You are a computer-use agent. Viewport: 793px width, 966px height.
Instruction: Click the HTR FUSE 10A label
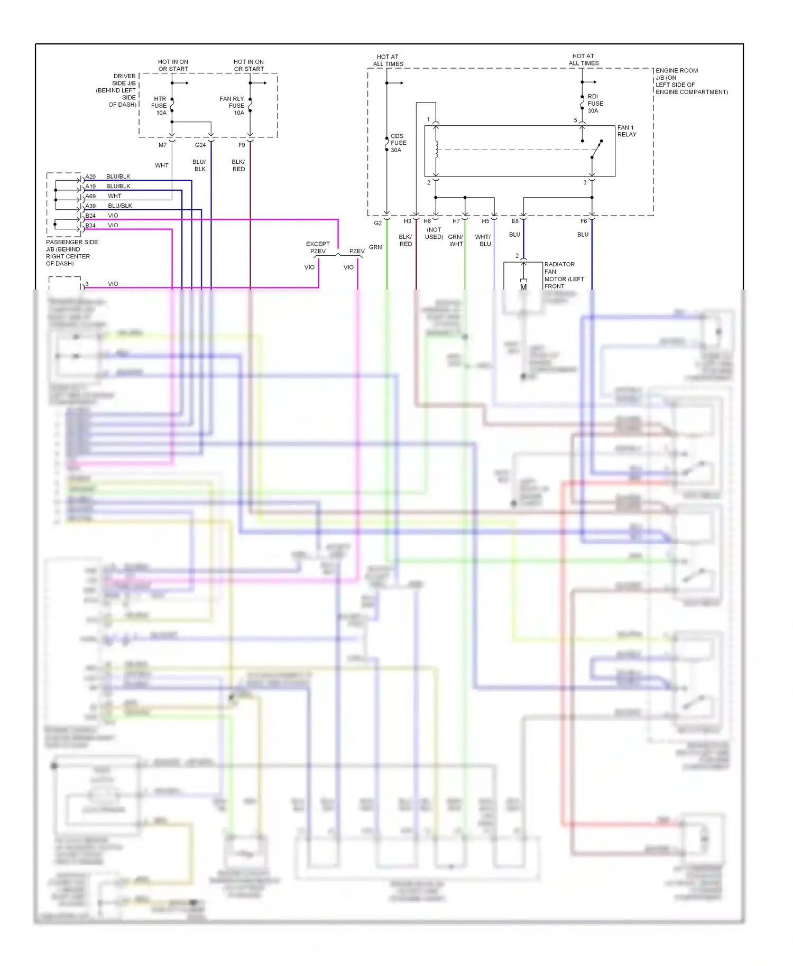pyautogui.click(x=159, y=106)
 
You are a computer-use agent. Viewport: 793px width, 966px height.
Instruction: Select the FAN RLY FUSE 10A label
pyautogui.click(x=233, y=106)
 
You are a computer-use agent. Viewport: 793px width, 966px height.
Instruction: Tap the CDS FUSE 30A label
pyautogui.click(x=398, y=143)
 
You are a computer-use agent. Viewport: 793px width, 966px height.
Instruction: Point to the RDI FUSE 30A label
pyautogui.click(x=595, y=104)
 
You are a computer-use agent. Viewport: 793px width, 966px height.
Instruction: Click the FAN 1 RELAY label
pyautogui.click(x=626, y=131)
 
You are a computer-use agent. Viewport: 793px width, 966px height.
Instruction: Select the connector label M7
pyautogui.click(x=162, y=145)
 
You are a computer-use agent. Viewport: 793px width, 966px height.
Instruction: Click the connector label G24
pyautogui.click(x=200, y=145)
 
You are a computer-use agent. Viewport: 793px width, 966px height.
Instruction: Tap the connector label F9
pyautogui.click(x=242, y=145)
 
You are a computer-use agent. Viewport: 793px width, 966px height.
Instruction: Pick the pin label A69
pyautogui.click(x=91, y=196)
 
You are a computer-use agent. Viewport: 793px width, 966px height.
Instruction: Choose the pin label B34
pyautogui.click(x=91, y=226)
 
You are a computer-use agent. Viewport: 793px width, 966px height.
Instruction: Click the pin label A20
pyautogui.click(x=91, y=177)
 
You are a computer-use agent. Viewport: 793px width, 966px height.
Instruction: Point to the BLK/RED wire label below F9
pyautogui.click(x=238, y=165)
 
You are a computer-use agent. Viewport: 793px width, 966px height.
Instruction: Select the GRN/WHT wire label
pyautogui.click(x=456, y=240)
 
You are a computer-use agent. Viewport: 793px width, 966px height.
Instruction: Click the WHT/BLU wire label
pyautogui.click(x=483, y=240)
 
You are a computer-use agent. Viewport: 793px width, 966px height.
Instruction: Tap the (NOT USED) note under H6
pyautogui.click(x=434, y=234)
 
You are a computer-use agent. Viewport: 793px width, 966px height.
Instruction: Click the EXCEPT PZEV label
pyautogui.click(x=318, y=247)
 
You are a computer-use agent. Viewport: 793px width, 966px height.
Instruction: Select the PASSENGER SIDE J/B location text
pyautogui.click(x=71, y=253)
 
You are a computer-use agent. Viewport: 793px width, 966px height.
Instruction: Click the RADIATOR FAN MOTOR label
pyautogui.click(x=564, y=275)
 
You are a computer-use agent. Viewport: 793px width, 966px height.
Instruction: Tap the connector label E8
pyautogui.click(x=515, y=221)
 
